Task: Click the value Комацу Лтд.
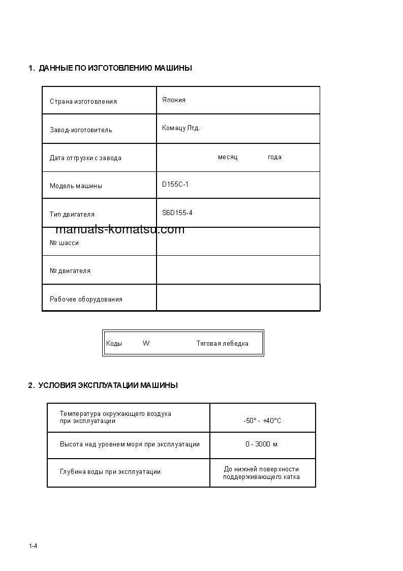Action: pos(181,128)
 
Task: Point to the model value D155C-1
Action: pos(175,185)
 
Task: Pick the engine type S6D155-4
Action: pos(177,213)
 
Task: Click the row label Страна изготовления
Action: pos(83,102)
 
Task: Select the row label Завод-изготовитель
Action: pos(81,130)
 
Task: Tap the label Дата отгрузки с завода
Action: pos(85,158)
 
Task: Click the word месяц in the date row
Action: pos(228,157)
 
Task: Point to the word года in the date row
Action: pos(274,157)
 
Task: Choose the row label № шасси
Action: pos(64,243)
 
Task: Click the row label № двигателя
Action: pos(70,271)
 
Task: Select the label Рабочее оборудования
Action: pos(86,299)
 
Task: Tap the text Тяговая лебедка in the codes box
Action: pos(223,344)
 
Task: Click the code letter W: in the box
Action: pos(147,344)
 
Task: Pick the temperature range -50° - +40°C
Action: pos(262,421)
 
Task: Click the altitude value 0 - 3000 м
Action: pos(261,444)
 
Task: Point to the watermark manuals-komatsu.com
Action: pos(120,229)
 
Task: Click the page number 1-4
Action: pos(34,546)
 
